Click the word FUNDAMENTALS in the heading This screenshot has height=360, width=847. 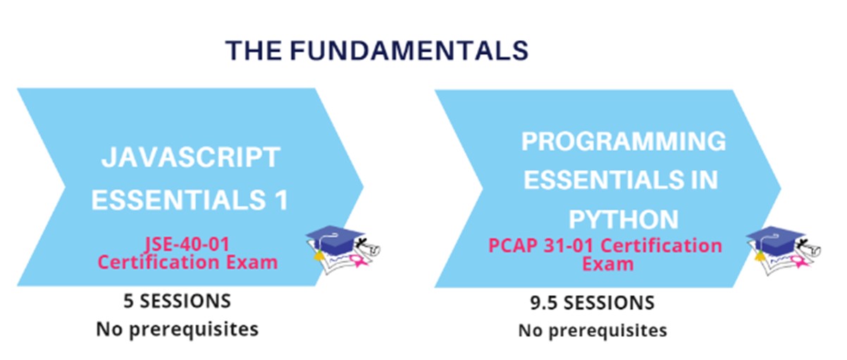point(409,51)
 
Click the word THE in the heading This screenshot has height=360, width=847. point(254,51)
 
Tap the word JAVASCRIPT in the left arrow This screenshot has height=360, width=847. point(191,157)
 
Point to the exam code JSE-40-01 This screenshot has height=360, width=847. point(187,244)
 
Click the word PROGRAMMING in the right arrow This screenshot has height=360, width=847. point(624,142)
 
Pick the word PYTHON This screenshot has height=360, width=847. point(624,219)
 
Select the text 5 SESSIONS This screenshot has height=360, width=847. point(177,302)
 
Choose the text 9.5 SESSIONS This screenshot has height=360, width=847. point(592,303)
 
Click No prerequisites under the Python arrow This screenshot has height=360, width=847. point(593,330)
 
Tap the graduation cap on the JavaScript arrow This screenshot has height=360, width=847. point(335,239)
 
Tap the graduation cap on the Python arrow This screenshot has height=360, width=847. point(774,240)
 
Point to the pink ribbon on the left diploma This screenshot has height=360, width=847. point(358,261)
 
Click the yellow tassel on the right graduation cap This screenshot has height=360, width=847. point(760,256)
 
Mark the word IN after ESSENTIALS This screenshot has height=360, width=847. point(705,180)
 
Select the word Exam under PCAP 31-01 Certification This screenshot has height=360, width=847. point(607,263)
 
